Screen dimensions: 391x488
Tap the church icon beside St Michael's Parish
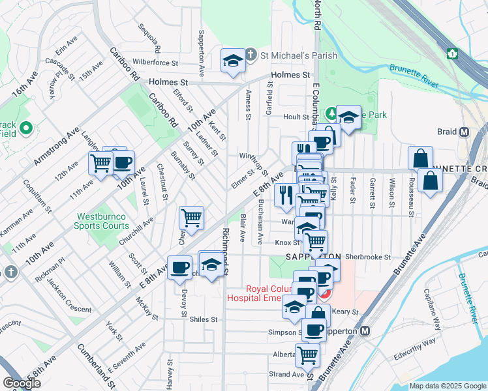pyautogui.click(x=251, y=55)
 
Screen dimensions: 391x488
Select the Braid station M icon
pyautogui.click(x=465, y=132)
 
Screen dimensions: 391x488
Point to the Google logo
pyautogui.click(x=22, y=383)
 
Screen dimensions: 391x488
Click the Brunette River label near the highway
pyautogui.click(x=414, y=72)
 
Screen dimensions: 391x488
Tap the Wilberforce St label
pyautogui.click(x=155, y=63)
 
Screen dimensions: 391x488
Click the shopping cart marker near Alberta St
pyautogui.click(x=307, y=356)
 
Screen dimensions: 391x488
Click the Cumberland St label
pyautogui.click(x=97, y=369)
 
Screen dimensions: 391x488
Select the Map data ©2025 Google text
pyautogui.click(x=447, y=386)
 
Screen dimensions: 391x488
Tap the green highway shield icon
pyautogui.click(x=451, y=52)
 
